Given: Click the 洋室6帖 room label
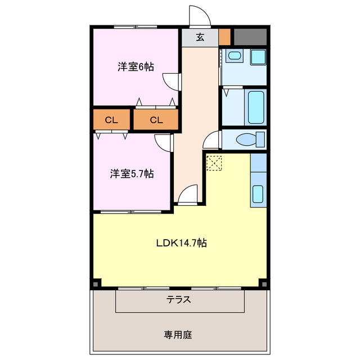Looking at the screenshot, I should click(136, 66).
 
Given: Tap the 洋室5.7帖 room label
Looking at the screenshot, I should click(132, 174).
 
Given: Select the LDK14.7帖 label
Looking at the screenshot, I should click(181, 243).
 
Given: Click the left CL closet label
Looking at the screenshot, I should click(111, 119).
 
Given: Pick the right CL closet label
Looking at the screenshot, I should click(156, 119).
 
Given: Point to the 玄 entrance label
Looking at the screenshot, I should click(200, 38).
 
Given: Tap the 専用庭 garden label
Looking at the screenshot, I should click(178, 335).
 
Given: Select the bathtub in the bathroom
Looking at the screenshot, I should click(256, 106).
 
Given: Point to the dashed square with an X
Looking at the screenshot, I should click(214, 164).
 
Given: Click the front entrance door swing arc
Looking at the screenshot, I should click(198, 16).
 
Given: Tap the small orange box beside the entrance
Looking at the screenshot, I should click(225, 37).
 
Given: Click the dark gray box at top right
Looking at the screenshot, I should click(250, 37).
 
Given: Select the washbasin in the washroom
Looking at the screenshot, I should click(233, 57).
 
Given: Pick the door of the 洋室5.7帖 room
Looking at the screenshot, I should click(164, 142).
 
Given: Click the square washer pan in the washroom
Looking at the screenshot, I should click(258, 57).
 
